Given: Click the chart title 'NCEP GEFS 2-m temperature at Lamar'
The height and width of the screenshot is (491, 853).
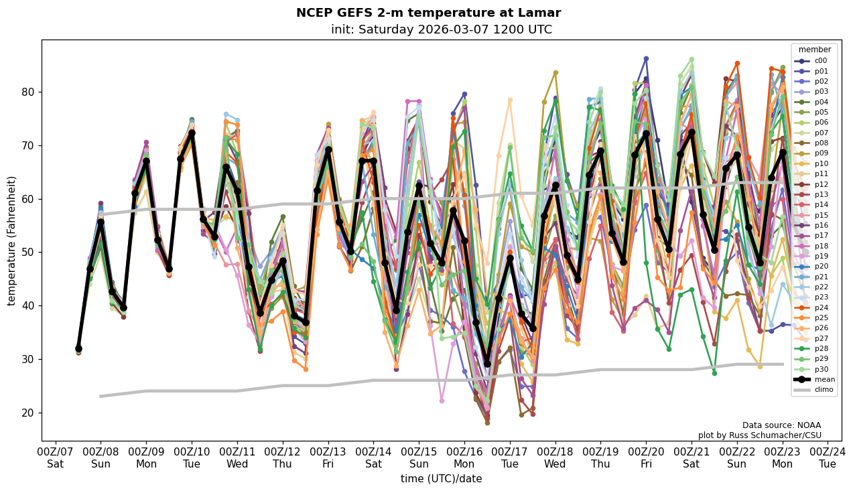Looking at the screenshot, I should coord(428,13).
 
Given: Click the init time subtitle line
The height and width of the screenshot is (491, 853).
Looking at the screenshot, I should coord(441,29).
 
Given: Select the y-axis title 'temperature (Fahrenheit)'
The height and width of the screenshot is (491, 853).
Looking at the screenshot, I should coord(12,240).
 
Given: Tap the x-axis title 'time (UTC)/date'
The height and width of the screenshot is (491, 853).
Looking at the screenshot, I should coord(441,478).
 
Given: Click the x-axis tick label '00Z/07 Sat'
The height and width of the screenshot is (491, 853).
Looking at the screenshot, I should coord(56,457).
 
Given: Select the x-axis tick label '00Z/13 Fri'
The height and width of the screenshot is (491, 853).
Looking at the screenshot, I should coord(328,457).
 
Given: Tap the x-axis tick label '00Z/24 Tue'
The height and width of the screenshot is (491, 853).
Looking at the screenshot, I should coord(828,457).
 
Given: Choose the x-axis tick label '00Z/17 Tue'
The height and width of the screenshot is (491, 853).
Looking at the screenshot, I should coord(510,457).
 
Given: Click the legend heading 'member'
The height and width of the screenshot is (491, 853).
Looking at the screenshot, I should coord(814,50).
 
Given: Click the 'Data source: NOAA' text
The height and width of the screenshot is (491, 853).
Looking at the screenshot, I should coord(781,425).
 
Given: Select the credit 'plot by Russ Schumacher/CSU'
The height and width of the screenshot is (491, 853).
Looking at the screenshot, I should coord(759,435).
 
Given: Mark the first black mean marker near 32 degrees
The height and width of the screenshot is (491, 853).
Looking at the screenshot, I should coord(78,348).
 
